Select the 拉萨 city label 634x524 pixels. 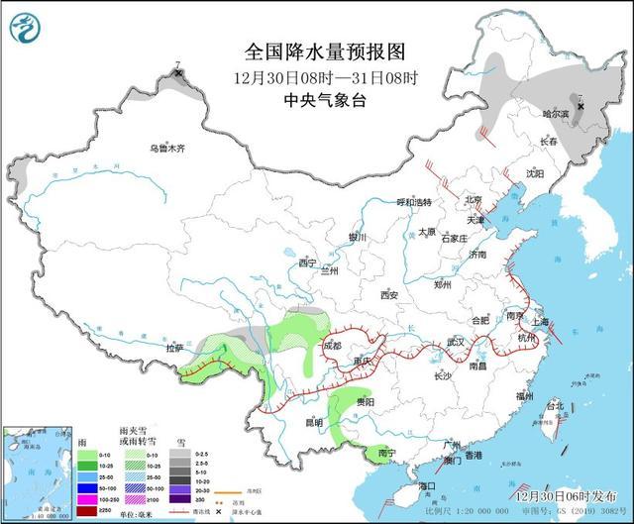(175, 348)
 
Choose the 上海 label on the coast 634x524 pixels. (541, 322)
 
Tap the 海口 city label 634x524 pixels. (428, 486)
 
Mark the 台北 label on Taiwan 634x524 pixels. (554, 406)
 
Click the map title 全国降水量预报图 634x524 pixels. (325, 51)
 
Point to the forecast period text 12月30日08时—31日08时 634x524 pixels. (325, 75)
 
